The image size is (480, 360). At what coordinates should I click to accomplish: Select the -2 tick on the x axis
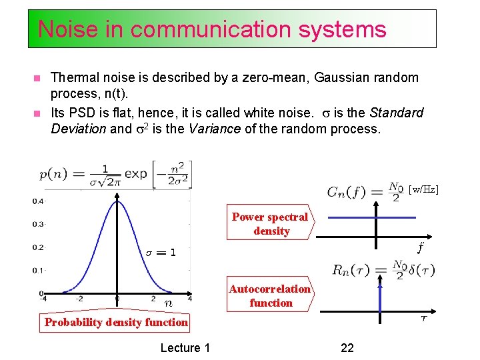[78, 299]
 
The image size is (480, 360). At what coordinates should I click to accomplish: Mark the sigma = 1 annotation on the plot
[161, 253]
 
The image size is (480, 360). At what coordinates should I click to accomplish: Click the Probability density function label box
[116, 323]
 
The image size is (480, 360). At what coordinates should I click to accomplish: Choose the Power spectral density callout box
[270, 223]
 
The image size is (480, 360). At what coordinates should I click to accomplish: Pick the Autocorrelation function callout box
[270, 295]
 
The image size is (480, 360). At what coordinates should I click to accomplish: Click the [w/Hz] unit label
[423, 190]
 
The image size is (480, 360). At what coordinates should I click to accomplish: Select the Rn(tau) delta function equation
[383, 270]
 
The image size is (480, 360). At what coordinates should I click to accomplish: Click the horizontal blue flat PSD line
[373, 217]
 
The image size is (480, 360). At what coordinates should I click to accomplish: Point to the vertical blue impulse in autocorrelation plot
[380, 297]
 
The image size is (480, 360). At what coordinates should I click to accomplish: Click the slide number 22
[347, 347]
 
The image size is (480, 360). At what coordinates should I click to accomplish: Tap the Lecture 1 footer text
[185, 347]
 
